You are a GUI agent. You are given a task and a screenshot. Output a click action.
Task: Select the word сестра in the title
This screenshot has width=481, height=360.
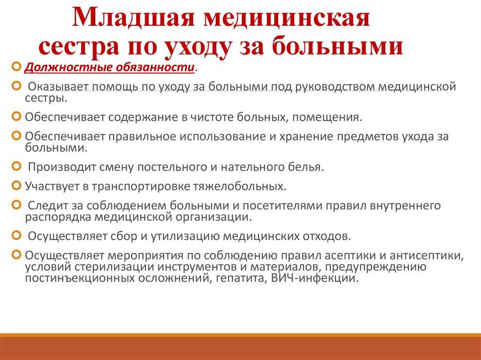[79, 47]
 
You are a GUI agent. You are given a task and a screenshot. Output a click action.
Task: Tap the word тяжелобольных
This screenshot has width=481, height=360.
[239, 186]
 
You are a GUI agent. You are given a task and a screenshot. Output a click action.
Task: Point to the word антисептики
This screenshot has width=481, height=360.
[427, 256]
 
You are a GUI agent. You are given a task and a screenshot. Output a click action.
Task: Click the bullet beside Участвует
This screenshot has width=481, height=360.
[16, 185]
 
